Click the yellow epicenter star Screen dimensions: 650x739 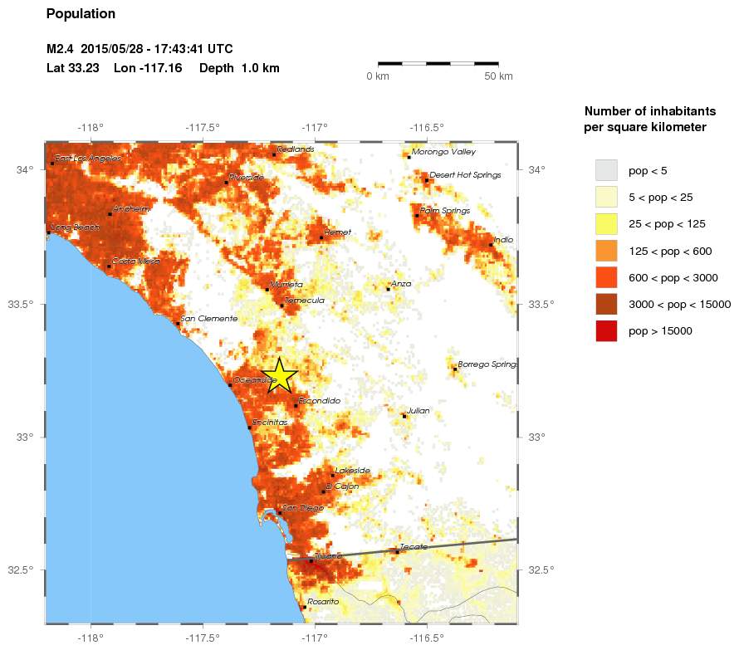tap(280, 375)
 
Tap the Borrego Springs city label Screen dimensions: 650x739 tap(487, 364)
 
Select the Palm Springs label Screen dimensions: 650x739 tap(445, 211)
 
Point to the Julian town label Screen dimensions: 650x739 tap(418, 410)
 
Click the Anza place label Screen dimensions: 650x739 tap(401, 284)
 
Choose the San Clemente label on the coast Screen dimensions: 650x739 tap(209, 319)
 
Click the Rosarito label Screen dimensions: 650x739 tap(323, 601)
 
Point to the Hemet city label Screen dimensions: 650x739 tap(338, 232)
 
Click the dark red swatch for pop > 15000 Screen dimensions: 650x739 tap(607, 330)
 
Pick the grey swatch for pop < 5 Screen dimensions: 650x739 tap(607, 170)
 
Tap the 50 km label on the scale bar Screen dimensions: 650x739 tap(499, 76)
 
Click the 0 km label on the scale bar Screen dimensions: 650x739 tap(378, 76)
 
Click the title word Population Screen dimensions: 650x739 tap(81, 14)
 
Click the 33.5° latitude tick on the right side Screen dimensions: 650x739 tap(541, 304)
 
